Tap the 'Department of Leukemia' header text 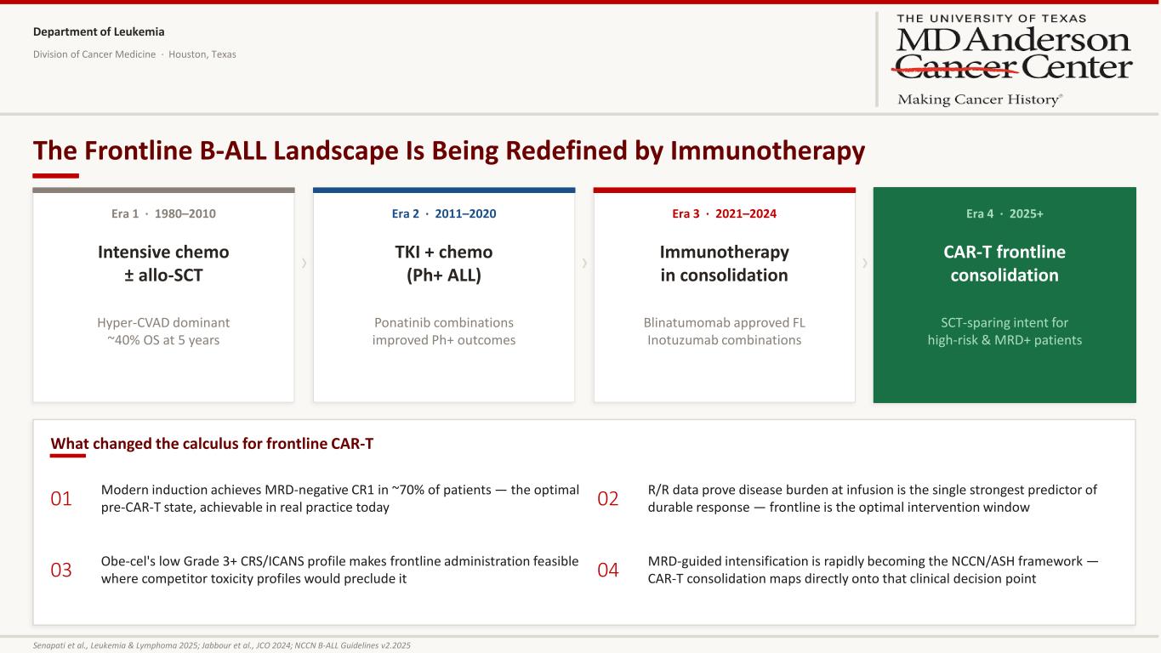pos(99,31)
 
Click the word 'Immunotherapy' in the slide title pos(767,150)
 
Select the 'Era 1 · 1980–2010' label pos(163,213)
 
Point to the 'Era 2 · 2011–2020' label pos(444,213)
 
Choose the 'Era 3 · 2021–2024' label pos(724,213)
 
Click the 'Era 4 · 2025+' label pos(1004,213)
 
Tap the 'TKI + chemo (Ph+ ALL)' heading pos(444,264)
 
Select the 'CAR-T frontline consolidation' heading pos(1004,264)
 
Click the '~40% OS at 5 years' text pos(163,340)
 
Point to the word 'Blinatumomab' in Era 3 pos(681,322)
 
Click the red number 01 pos(60,498)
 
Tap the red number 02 pos(607,498)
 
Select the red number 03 pos(60,570)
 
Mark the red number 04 pos(607,570)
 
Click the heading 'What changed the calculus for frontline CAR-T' pos(212,444)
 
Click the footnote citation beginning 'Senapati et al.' pos(221,645)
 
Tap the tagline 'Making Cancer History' pos(980,99)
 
